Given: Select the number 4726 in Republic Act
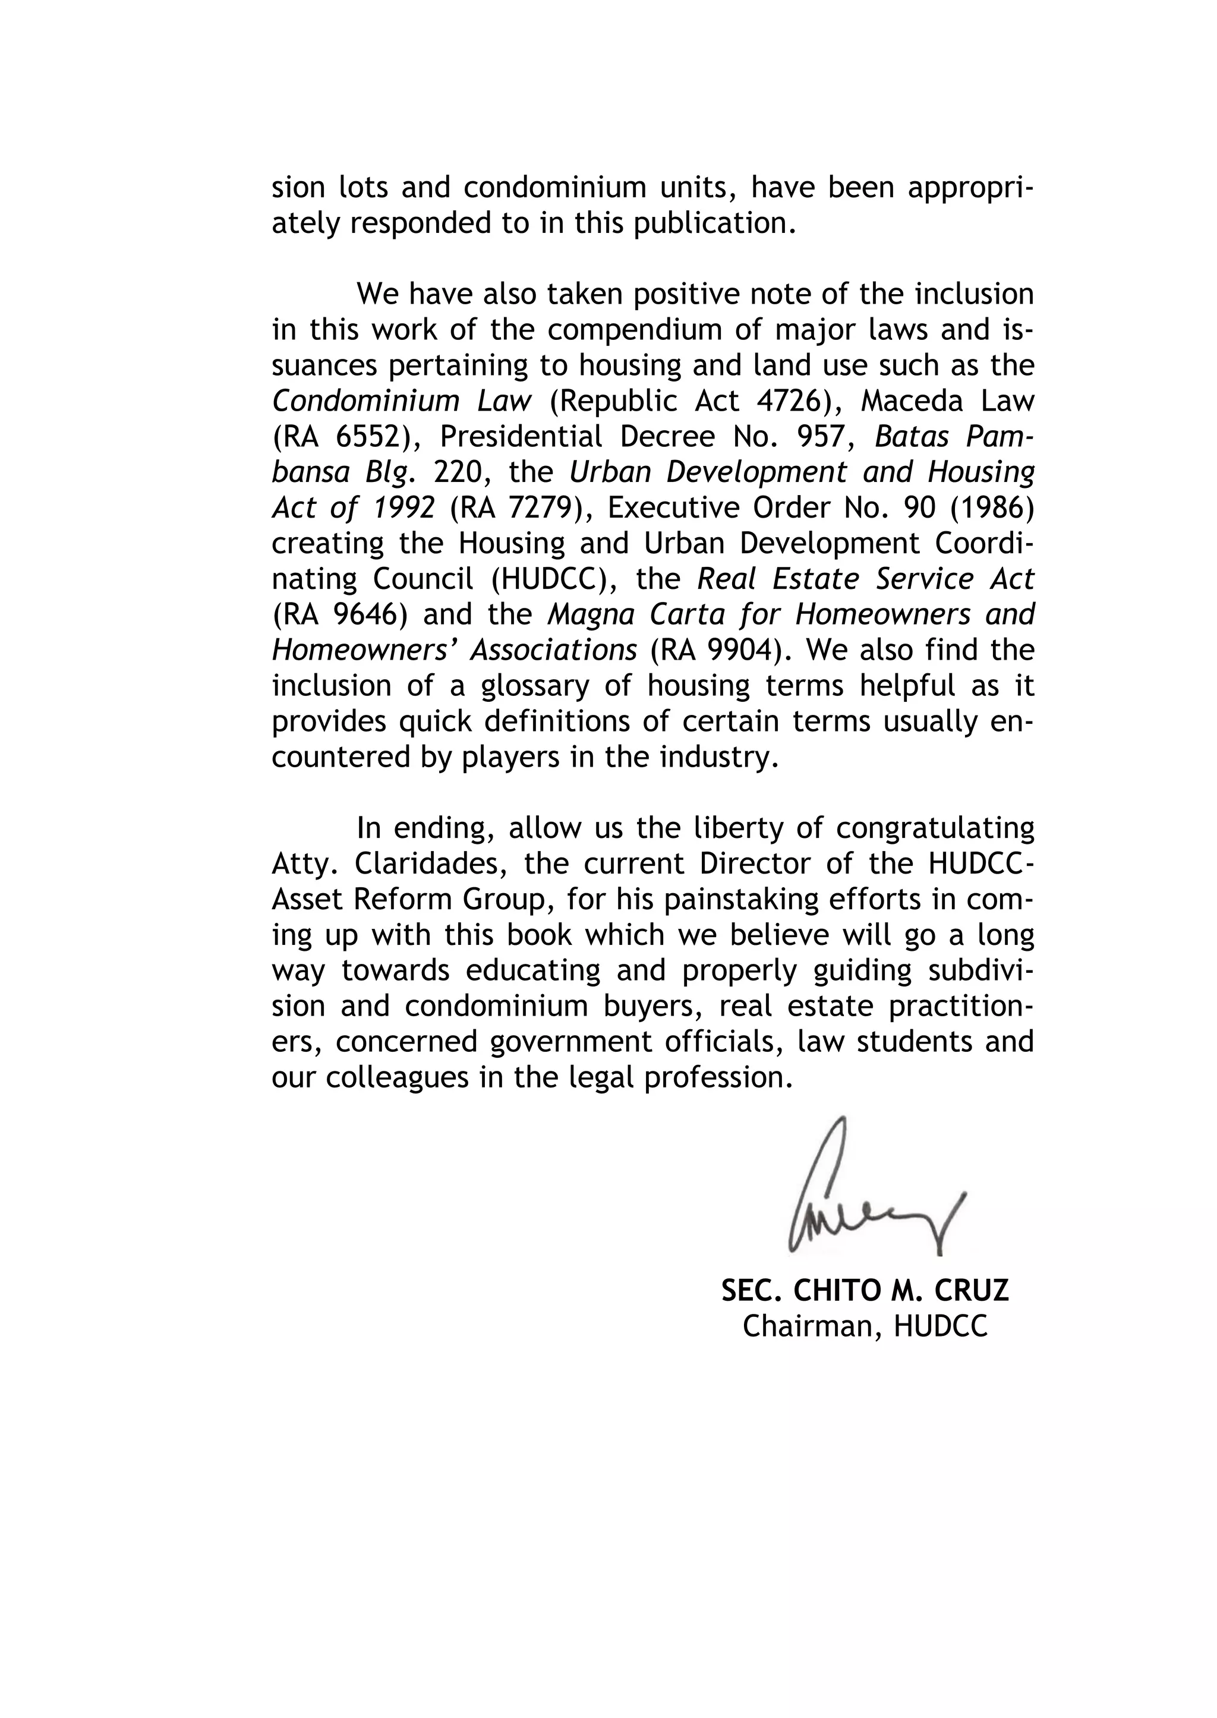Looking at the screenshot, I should tap(786, 402).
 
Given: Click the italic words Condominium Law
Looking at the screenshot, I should tap(402, 402).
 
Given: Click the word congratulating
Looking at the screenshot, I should tap(935, 828).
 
